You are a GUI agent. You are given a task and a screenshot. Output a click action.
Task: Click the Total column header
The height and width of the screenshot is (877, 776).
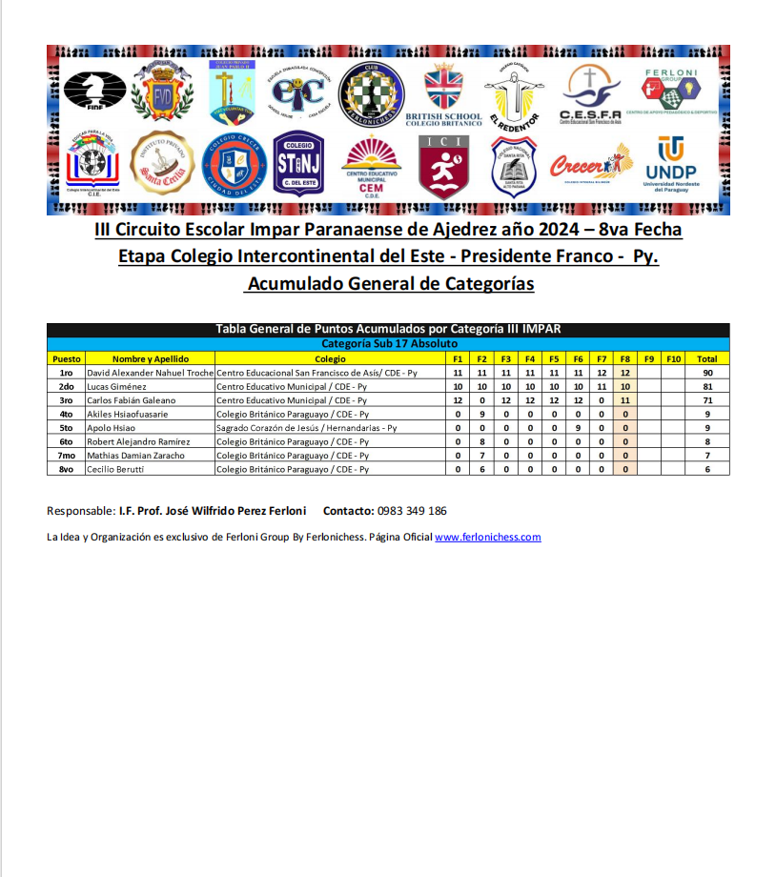click(706, 358)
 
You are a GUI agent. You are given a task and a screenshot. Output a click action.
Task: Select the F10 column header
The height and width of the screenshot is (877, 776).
click(673, 358)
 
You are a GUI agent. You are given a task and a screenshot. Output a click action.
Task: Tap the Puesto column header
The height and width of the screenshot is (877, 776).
click(66, 358)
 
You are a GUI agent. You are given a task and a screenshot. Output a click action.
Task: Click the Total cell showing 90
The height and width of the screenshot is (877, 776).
click(706, 373)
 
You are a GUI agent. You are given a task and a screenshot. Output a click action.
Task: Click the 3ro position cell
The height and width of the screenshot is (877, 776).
click(66, 400)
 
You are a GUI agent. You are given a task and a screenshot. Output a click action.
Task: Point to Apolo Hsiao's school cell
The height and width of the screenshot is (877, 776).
click(306, 428)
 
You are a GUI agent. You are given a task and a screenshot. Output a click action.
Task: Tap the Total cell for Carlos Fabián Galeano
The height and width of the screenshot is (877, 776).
click(706, 400)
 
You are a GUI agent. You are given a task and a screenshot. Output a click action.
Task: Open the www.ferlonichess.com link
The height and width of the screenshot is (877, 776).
click(488, 537)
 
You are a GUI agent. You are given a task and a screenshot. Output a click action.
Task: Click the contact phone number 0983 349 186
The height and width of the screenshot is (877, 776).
click(412, 511)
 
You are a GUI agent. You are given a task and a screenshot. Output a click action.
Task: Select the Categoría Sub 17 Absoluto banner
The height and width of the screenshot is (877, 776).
click(389, 343)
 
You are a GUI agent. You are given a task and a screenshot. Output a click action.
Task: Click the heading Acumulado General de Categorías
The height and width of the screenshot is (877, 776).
click(389, 284)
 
